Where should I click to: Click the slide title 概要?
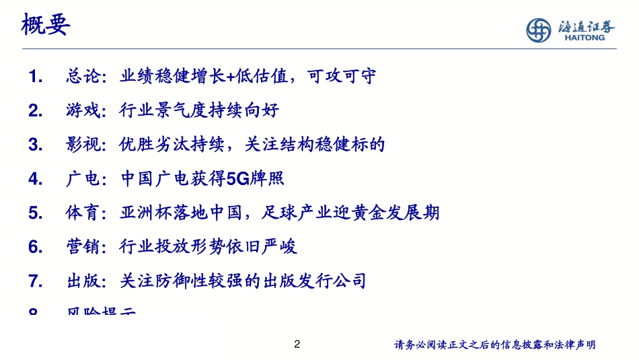[x=46, y=27]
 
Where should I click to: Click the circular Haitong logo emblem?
[x=538, y=30]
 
